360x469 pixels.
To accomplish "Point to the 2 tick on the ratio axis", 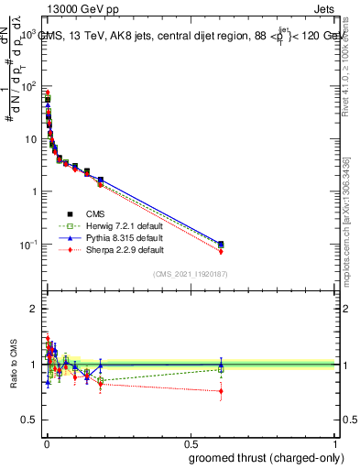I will pyautogui.click(x=36, y=309).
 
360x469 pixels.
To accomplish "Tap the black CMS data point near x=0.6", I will pyautogui.click(x=221, y=244).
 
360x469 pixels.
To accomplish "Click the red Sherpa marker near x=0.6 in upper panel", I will pyautogui.click(x=221, y=251).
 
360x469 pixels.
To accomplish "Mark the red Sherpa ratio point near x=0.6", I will pyautogui.click(x=221, y=391).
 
